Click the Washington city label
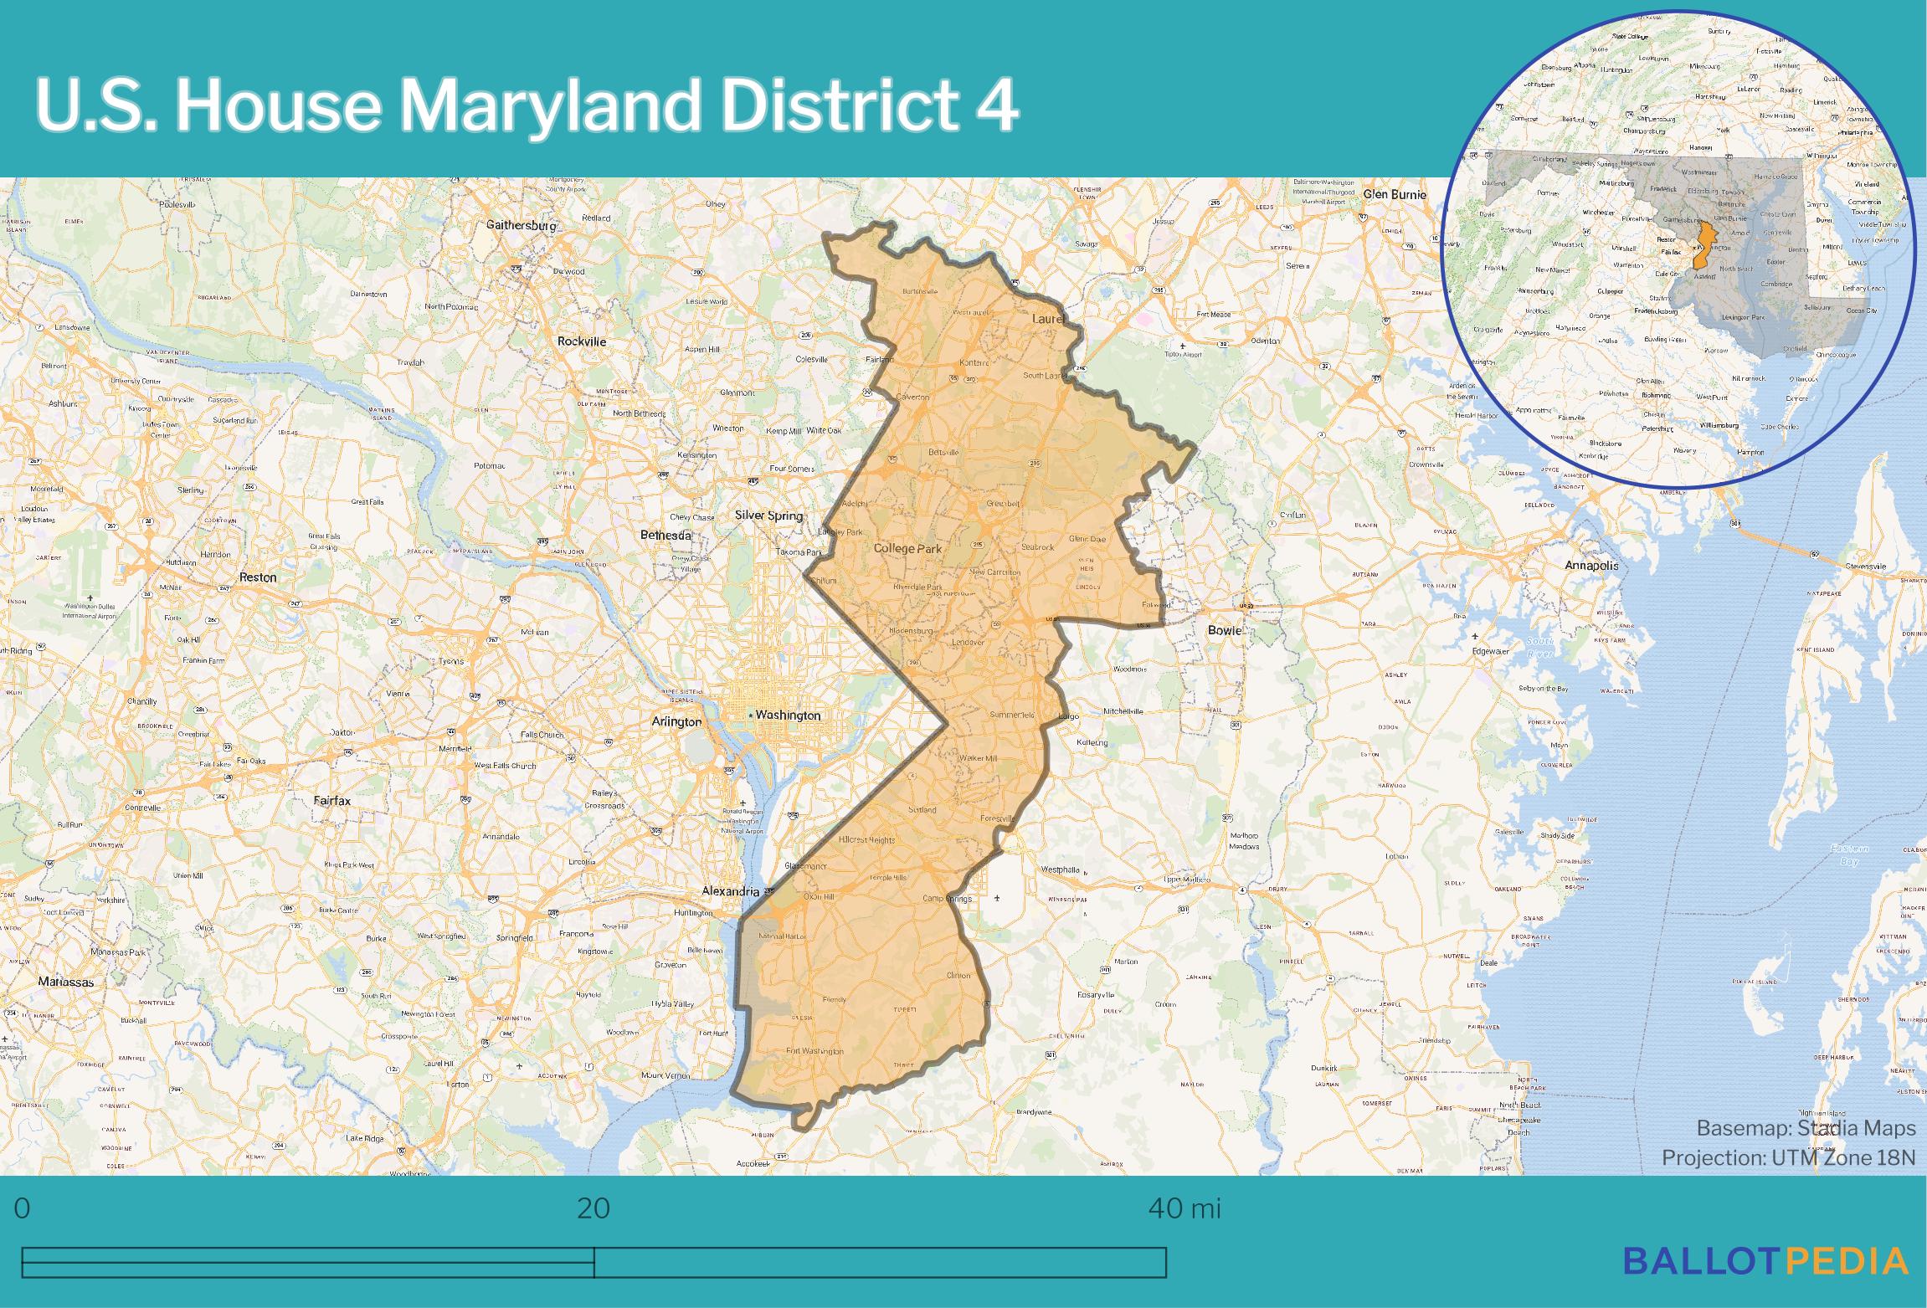pos(788,716)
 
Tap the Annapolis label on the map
pos(1591,566)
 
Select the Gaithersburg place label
pos(521,225)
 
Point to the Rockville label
pos(582,341)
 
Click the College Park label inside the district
pos(907,549)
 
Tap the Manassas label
pos(65,982)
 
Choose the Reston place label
pos(258,577)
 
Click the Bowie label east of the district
pos(1224,630)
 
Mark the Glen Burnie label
pos(1395,194)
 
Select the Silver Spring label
pos(768,516)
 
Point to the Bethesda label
pos(665,535)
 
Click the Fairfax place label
pos(331,801)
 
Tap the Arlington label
pos(676,721)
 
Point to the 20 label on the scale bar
pos(594,1208)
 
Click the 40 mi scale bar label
pos(1184,1208)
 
